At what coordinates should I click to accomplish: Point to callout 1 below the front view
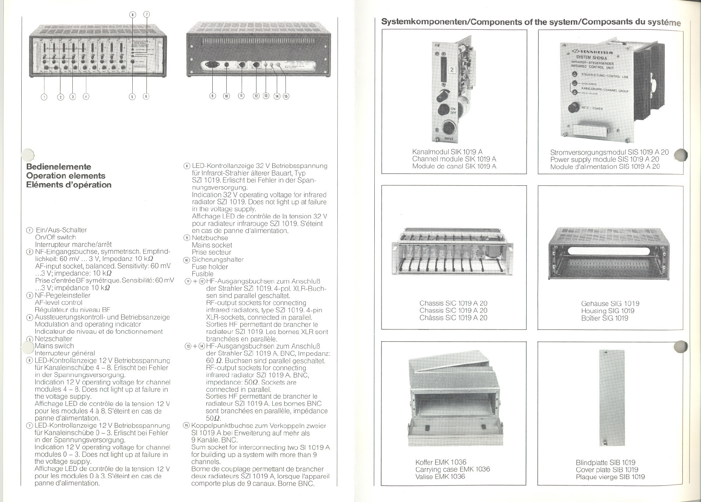(44, 96)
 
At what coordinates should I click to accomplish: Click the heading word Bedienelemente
(58, 167)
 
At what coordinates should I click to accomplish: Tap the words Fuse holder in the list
(210, 267)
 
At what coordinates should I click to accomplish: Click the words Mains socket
(212, 245)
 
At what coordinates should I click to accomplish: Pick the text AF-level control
(58, 303)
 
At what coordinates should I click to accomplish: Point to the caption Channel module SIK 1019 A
(454, 159)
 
